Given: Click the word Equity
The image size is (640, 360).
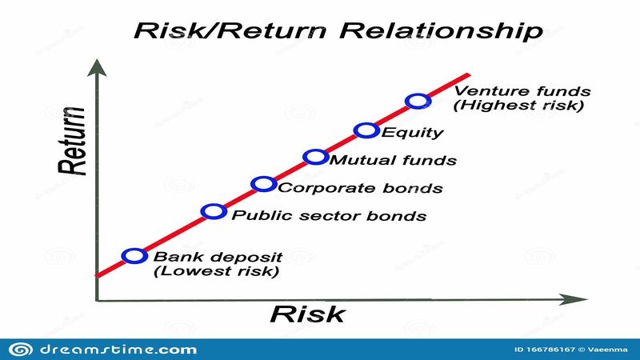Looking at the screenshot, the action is pyautogui.click(x=412, y=133).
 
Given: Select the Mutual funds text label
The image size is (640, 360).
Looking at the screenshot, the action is pyautogui.click(x=393, y=160).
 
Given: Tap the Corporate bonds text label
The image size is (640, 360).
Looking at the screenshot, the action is pyautogui.click(x=361, y=188).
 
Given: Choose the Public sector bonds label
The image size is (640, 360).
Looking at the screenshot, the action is pyautogui.click(x=329, y=215).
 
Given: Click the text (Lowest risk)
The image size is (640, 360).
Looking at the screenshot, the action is pyautogui.click(x=216, y=271).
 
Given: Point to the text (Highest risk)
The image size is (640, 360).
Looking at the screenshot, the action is pyautogui.click(x=518, y=106).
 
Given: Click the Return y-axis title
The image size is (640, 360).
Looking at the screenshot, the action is pyautogui.click(x=72, y=142).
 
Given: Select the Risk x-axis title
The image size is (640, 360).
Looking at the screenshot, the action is pyautogui.click(x=307, y=314).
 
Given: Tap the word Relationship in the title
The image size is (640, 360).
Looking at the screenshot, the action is pyautogui.click(x=442, y=30).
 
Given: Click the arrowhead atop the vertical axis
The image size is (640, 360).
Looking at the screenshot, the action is pyautogui.click(x=97, y=68).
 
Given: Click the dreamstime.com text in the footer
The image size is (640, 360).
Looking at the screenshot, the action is pyautogui.click(x=118, y=350).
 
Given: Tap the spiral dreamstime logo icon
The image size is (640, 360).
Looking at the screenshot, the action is pyautogui.click(x=21, y=350).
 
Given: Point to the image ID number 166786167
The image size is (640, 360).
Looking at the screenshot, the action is pyautogui.click(x=550, y=350).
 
